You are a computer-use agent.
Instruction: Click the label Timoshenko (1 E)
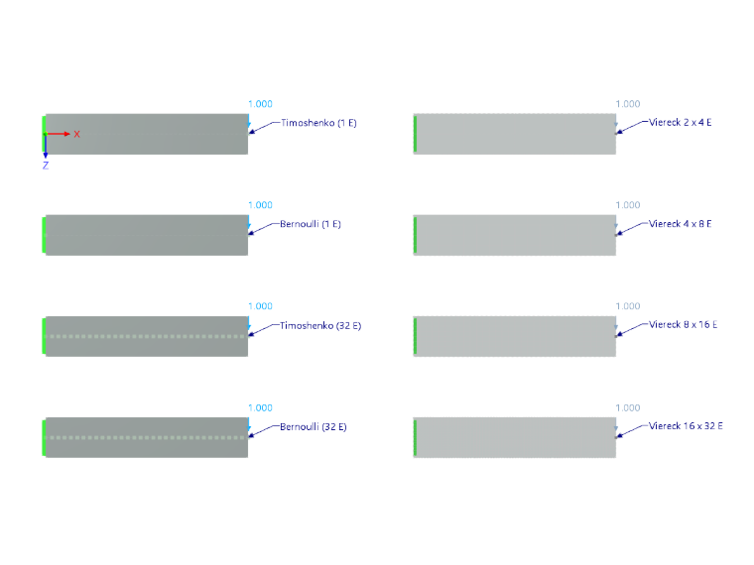pyautogui.click(x=318, y=123)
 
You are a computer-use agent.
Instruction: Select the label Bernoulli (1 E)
pyautogui.click(x=311, y=224)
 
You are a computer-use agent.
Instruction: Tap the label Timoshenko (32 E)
pyautogui.click(x=320, y=326)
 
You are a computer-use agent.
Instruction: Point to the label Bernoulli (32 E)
pyautogui.click(x=314, y=426)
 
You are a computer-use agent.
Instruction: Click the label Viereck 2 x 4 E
pyautogui.click(x=680, y=123)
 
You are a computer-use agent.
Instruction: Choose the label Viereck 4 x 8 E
pyautogui.click(x=680, y=224)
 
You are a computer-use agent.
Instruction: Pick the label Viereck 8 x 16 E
pyautogui.click(x=683, y=325)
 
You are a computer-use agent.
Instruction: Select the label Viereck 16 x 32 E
pyautogui.click(x=686, y=426)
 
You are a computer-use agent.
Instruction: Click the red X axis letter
pyautogui.click(x=77, y=134)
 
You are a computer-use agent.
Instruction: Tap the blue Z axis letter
pyautogui.click(x=46, y=166)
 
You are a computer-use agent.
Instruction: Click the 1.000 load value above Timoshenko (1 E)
pyautogui.click(x=260, y=104)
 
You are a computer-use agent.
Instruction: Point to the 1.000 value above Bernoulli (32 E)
pyautogui.click(x=260, y=408)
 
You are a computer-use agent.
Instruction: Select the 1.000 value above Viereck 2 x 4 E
pyautogui.click(x=628, y=104)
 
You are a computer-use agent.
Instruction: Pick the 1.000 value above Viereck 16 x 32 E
pyautogui.click(x=628, y=408)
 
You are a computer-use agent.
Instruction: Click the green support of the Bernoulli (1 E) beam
pyautogui.click(x=44, y=235)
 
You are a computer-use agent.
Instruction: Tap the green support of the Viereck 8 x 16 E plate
pyautogui.click(x=415, y=336)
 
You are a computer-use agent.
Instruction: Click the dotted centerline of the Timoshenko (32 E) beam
pyautogui.click(x=147, y=336)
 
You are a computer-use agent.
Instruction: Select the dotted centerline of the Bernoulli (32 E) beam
pyautogui.click(x=147, y=438)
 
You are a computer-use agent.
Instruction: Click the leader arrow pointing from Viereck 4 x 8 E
pyautogui.click(x=632, y=229)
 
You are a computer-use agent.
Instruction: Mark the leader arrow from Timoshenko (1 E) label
pyautogui.click(x=265, y=128)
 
